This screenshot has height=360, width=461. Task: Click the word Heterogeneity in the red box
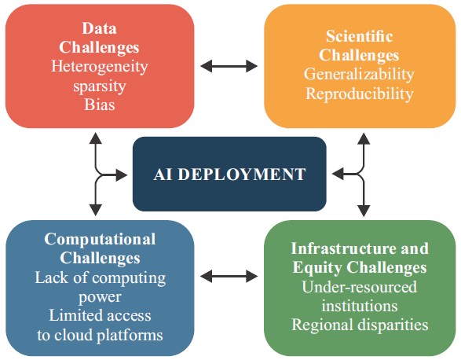click(100, 67)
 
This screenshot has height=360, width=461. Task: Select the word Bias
click(100, 105)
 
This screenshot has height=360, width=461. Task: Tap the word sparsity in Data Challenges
click(100, 86)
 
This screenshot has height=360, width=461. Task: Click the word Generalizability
click(360, 75)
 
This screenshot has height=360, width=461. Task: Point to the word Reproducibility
click(360, 94)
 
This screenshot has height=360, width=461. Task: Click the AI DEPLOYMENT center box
click(229, 174)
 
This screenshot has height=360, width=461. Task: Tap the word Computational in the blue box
click(100, 239)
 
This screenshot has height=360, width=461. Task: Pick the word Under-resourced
click(360, 286)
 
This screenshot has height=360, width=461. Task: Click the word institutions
click(360, 305)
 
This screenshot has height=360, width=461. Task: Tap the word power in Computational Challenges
click(100, 296)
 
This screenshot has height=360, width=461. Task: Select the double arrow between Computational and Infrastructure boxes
click(229, 276)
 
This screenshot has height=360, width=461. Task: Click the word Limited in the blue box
click(75, 315)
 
